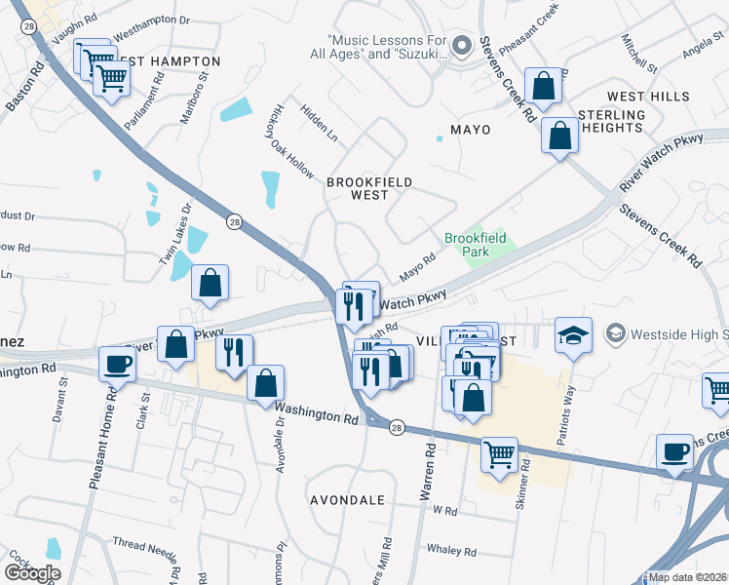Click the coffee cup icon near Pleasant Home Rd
117,365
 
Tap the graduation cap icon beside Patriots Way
573,336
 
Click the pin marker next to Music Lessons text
462,47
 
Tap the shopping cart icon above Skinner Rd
500,452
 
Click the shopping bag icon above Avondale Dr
264,383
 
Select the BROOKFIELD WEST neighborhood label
369,188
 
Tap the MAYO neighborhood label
470,129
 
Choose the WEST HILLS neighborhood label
648,97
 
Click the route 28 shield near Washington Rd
397,429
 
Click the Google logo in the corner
33,573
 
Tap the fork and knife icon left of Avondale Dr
234,352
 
